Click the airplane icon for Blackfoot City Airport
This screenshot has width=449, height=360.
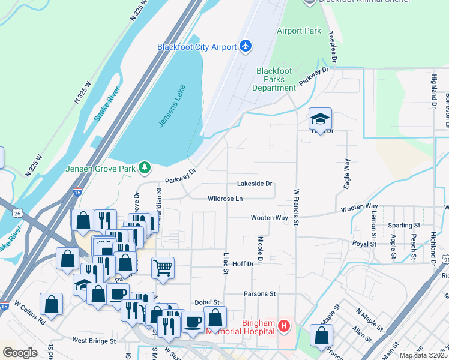pyautogui.click(x=245, y=46)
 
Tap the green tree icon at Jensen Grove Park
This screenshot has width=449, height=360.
pyautogui.click(x=145, y=167)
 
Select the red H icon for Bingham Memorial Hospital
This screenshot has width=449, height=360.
pyautogui.click(x=283, y=327)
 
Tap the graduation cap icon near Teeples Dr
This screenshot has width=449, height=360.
pyautogui.click(x=321, y=119)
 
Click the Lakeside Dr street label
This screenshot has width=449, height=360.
pyautogui.click(x=255, y=184)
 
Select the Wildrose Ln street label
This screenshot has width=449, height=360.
pyautogui.click(x=225, y=199)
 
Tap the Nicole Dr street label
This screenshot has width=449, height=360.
pyautogui.click(x=260, y=249)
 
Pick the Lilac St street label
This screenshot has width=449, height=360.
pyautogui.click(x=226, y=263)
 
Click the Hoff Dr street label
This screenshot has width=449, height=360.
pyautogui.click(x=243, y=263)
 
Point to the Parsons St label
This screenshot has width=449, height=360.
pyautogui.click(x=259, y=294)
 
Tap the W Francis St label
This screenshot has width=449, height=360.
pyautogui.click(x=296, y=208)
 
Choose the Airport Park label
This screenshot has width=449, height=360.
pyautogui.click(x=298, y=31)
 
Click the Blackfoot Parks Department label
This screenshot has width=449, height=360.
pyautogui.click(x=274, y=79)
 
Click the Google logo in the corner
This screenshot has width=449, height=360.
pyautogui.click(x=20, y=352)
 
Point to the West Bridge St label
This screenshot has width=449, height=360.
pyautogui.click(x=94, y=341)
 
